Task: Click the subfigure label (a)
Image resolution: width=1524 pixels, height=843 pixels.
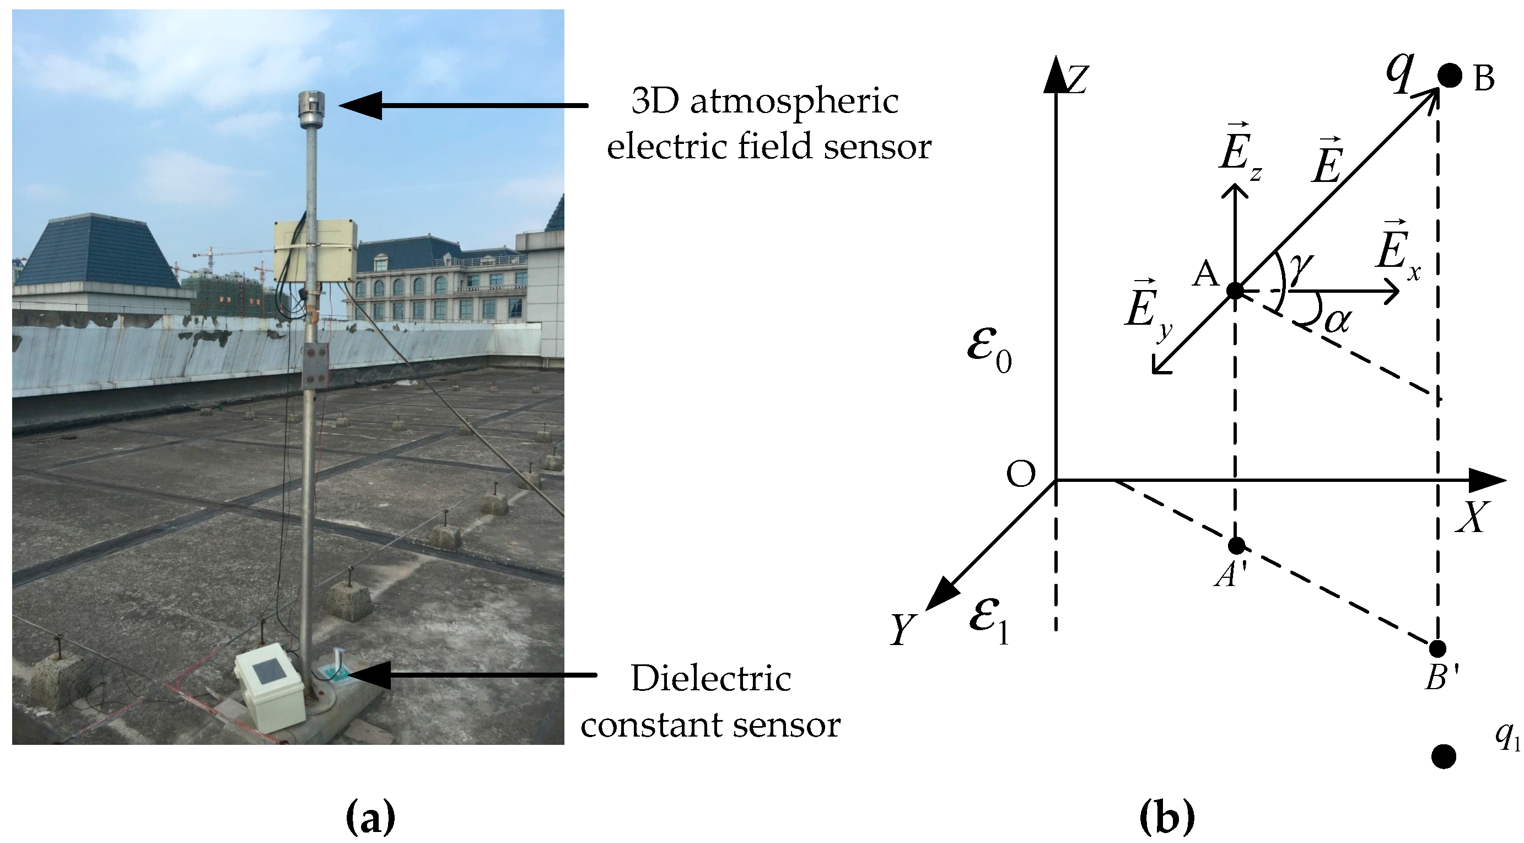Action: [x=370, y=818]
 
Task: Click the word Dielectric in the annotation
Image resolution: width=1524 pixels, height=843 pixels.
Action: [x=710, y=679]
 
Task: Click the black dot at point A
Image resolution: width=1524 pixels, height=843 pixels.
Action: [x=1235, y=291]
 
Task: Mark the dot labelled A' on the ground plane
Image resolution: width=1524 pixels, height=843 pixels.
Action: [x=1236, y=545]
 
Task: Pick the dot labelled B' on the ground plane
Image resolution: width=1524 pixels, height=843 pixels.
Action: [x=1437, y=648]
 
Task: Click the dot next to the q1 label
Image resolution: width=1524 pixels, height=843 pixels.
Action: [x=1444, y=756]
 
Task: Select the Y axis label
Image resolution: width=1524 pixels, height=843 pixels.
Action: [x=902, y=629]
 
